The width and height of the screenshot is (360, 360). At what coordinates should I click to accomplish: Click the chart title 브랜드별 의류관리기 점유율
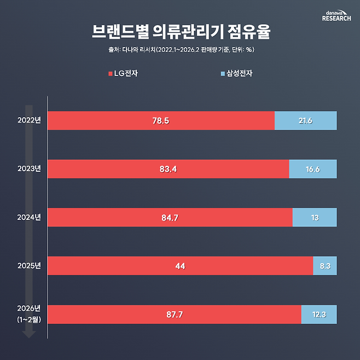(x=180, y=32)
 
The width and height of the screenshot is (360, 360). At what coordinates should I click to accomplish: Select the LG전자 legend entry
(x=123, y=73)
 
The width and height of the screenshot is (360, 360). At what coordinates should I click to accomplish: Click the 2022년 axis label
(x=29, y=120)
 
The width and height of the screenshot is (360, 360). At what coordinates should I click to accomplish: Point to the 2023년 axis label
(x=29, y=169)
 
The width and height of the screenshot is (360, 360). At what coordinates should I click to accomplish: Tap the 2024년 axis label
(x=29, y=217)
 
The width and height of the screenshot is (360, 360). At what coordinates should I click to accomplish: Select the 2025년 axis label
(x=29, y=265)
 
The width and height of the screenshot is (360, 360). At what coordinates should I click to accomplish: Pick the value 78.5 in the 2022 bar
(x=161, y=120)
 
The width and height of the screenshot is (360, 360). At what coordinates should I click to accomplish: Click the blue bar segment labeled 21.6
(x=305, y=120)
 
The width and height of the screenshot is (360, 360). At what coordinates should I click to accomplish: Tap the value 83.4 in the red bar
(x=168, y=169)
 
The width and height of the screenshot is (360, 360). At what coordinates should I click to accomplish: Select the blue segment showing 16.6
(x=312, y=169)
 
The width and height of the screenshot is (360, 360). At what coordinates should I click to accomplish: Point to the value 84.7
(x=170, y=217)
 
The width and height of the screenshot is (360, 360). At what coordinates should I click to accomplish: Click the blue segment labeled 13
(x=315, y=217)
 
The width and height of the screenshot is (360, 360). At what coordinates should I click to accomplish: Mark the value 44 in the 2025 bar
(x=180, y=266)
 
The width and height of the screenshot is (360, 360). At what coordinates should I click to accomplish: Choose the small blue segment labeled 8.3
(x=324, y=266)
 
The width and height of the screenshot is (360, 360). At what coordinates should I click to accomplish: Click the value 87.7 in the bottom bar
(x=174, y=314)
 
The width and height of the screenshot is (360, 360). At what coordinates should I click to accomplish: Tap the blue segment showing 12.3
(x=319, y=314)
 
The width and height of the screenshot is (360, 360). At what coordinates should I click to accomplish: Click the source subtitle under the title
(x=180, y=50)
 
